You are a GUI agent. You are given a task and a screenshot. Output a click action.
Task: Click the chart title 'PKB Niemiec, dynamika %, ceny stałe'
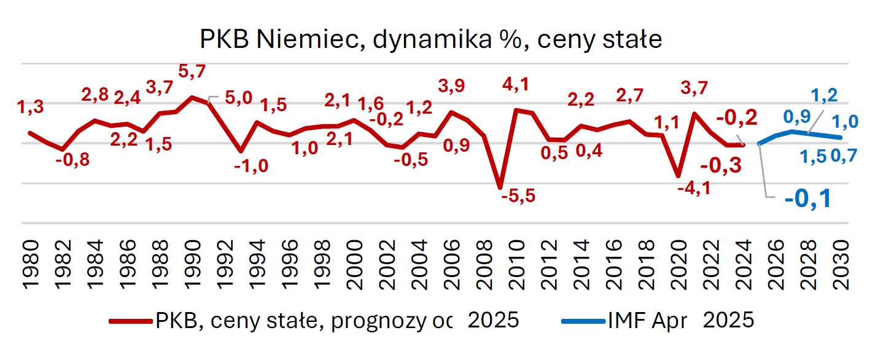[x=430, y=40]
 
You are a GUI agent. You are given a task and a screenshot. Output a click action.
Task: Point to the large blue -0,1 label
[x=807, y=198]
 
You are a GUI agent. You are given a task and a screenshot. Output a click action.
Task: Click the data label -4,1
[x=693, y=188]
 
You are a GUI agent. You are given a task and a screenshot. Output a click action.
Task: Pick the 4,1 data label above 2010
[x=515, y=85]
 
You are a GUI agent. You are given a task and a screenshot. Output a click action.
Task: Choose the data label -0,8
[x=72, y=162]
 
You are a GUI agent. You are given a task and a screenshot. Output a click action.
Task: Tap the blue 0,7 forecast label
[x=844, y=157]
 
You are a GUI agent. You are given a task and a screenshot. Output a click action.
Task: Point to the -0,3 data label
[x=720, y=165]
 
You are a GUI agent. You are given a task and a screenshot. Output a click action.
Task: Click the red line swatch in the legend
[x=130, y=321]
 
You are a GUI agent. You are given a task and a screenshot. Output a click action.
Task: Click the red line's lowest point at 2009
[x=500, y=187]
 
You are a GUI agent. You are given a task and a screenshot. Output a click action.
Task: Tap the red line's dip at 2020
[x=677, y=176]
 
